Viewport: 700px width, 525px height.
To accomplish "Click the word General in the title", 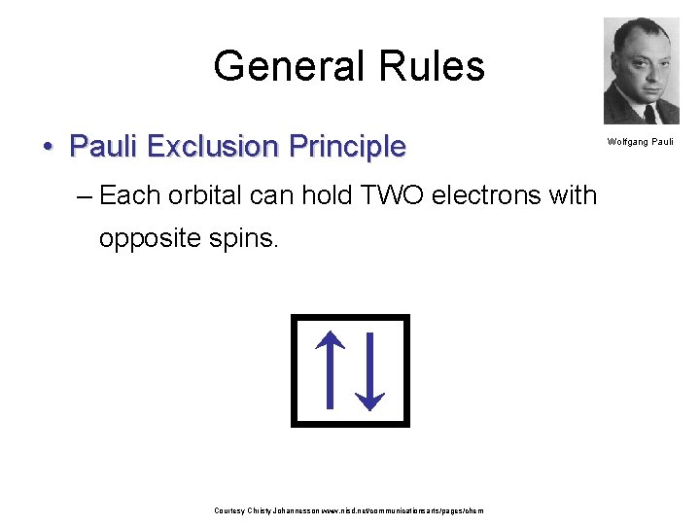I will tap(278, 66).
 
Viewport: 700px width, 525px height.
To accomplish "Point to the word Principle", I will tap(345, 147).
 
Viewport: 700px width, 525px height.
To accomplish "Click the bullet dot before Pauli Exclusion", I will tap(48, 148).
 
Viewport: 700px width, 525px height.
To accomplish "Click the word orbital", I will tap(205, 195).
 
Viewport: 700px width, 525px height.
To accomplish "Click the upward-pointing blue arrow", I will tap(331, 368).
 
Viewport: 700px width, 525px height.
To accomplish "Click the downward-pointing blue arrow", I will tap(369, 370).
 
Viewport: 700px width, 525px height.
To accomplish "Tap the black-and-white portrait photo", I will tap(641, 71).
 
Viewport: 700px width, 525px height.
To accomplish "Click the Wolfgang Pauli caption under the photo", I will tap(641, 142).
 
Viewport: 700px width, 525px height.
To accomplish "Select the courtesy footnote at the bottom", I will tap(348, 510).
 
